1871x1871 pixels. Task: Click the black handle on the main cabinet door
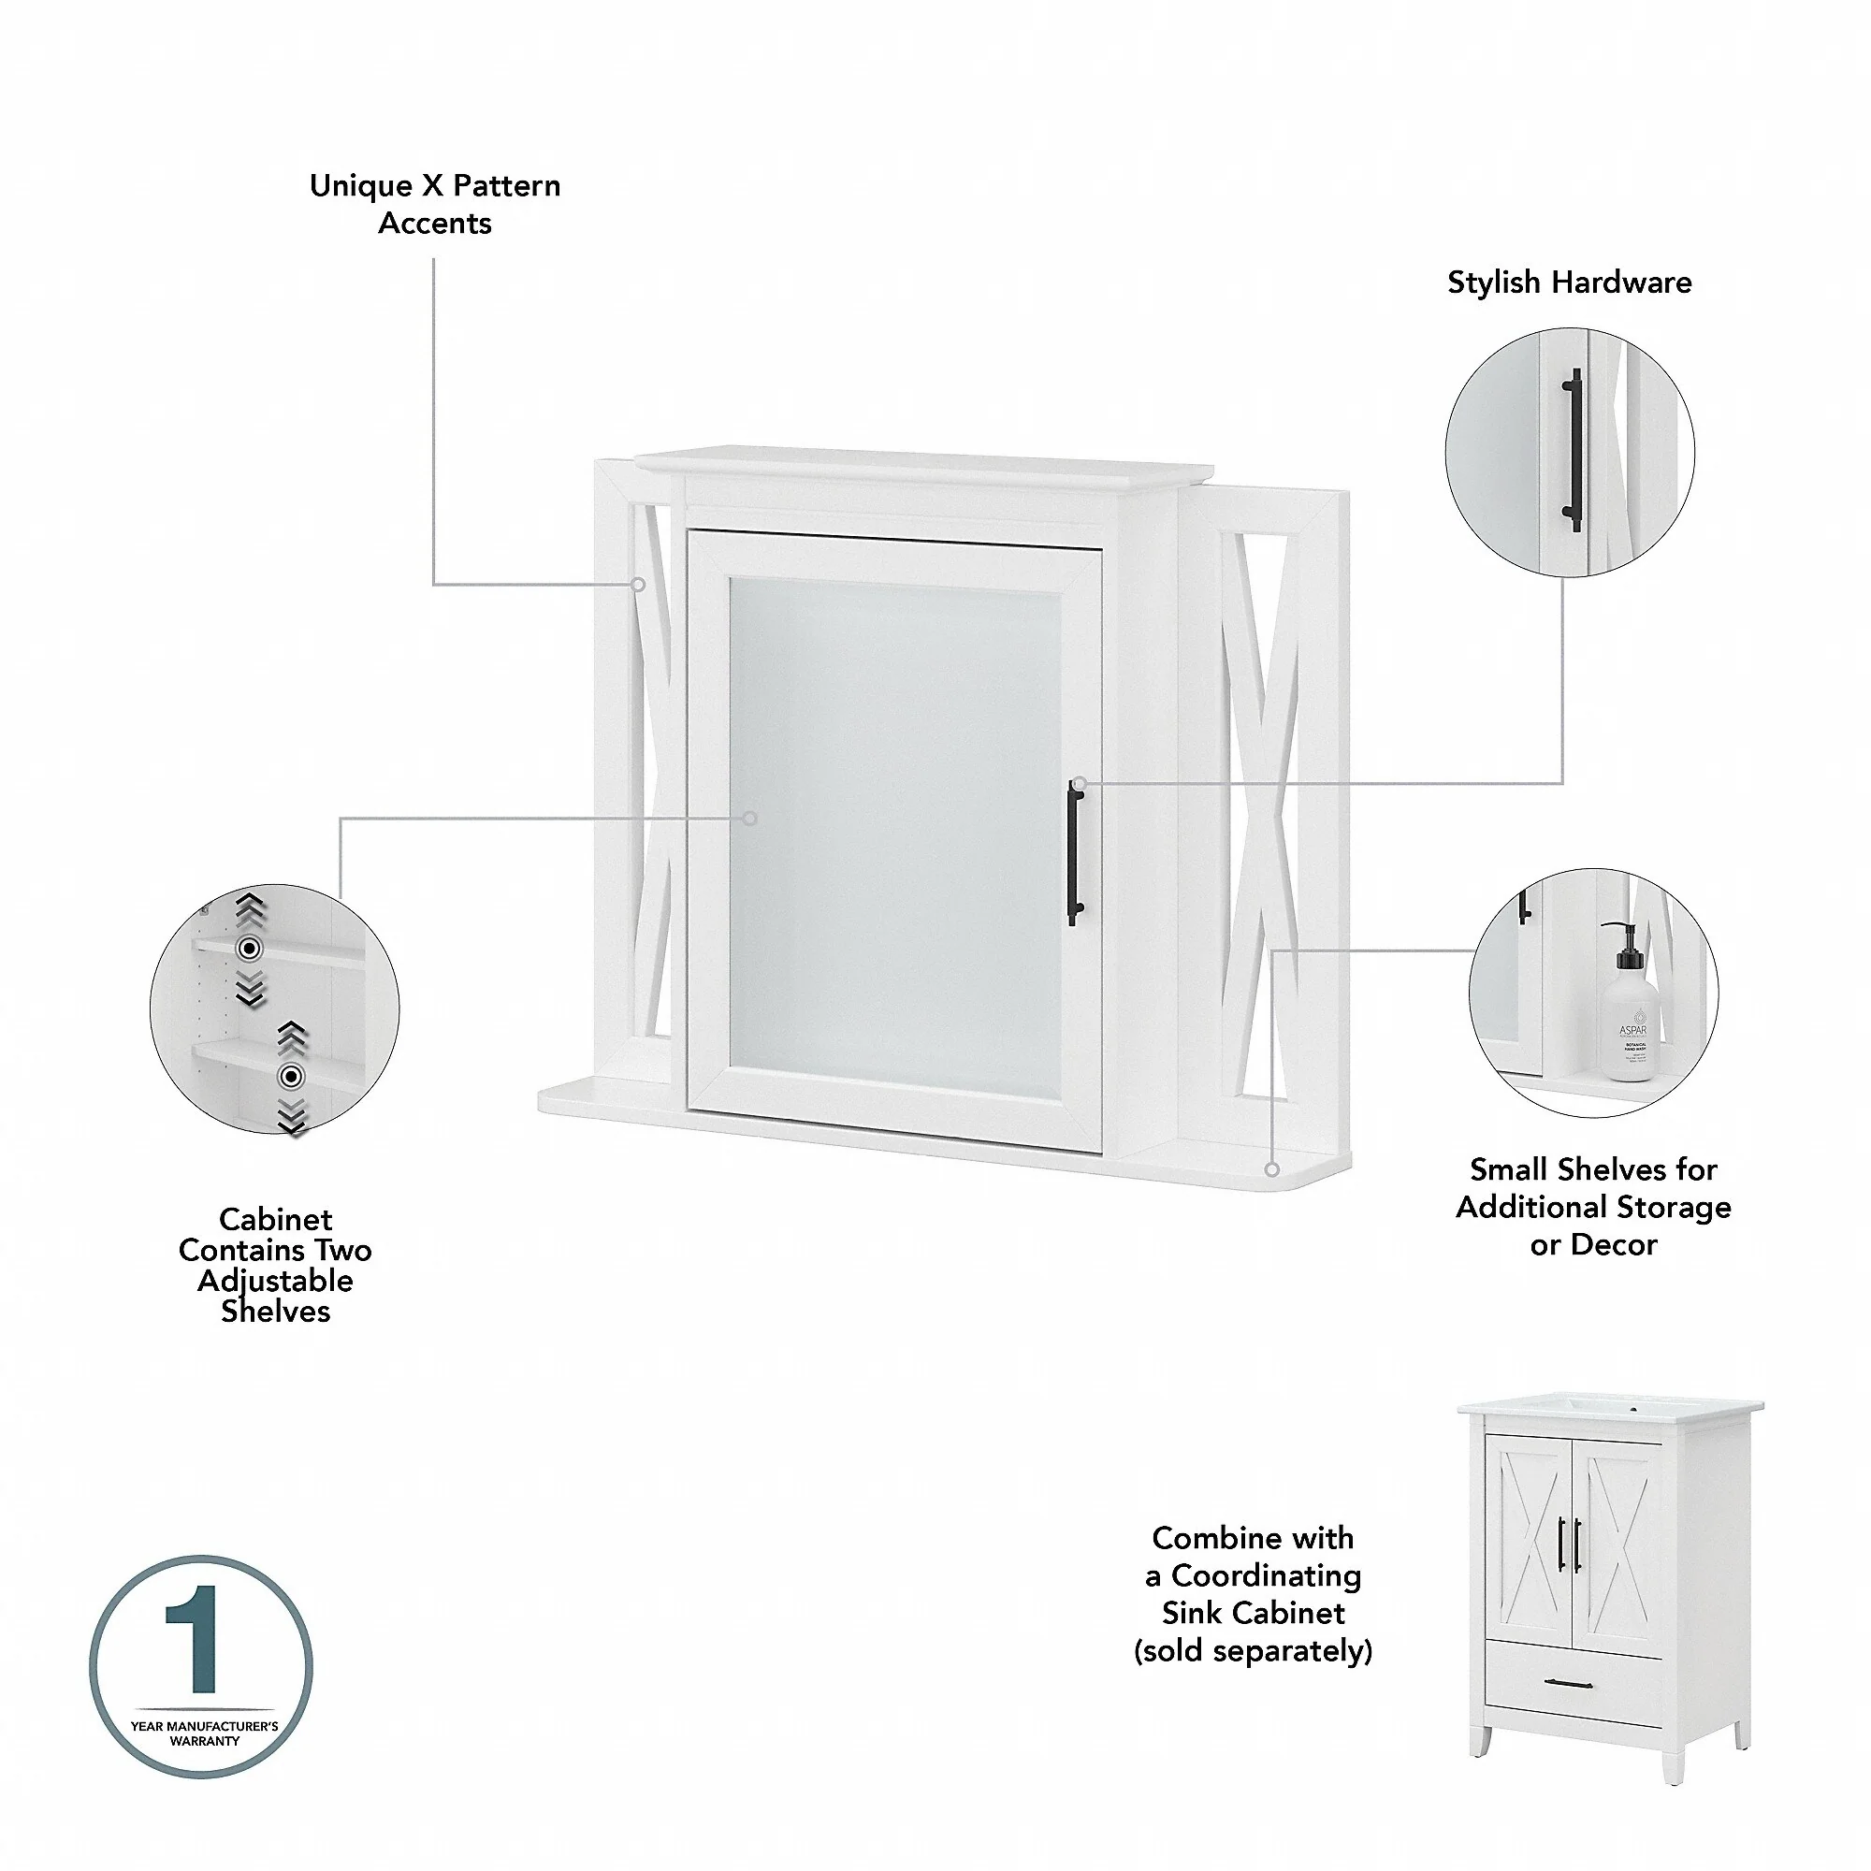pyautogui.click(x=1075, y=852)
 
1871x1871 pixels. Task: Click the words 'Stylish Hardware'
pyautogui.click(x=1569, y=282)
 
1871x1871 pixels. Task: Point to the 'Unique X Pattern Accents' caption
pyautogui.click(x=435, y=203)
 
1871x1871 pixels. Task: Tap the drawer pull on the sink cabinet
pyautogui.click(x=1569, y=1711)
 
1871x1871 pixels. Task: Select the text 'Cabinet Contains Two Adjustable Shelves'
pyautogui.click(x=275, y=1264)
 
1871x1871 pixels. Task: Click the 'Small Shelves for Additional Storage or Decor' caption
pyautogui.click(x=1593, y=1206)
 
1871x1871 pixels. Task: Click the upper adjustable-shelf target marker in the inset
pyautogui.click(x=250, y=948)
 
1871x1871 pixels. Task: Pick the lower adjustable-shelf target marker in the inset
pyautogui.click(x=292, y=1076)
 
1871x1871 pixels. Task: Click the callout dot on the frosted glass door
pyautogui.click(x=749, y=819)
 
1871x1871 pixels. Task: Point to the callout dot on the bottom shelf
pyautogui.click(x=1272, y=1170)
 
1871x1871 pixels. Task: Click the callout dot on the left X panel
pyautogui.click(x=638, y=585)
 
